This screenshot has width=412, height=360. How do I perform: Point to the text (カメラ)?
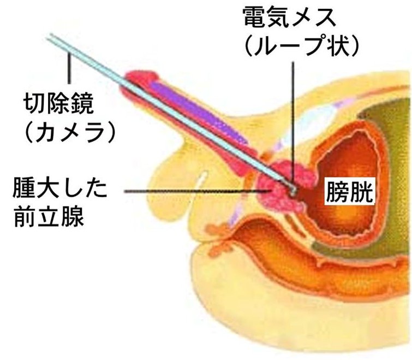tap(65, 131)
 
